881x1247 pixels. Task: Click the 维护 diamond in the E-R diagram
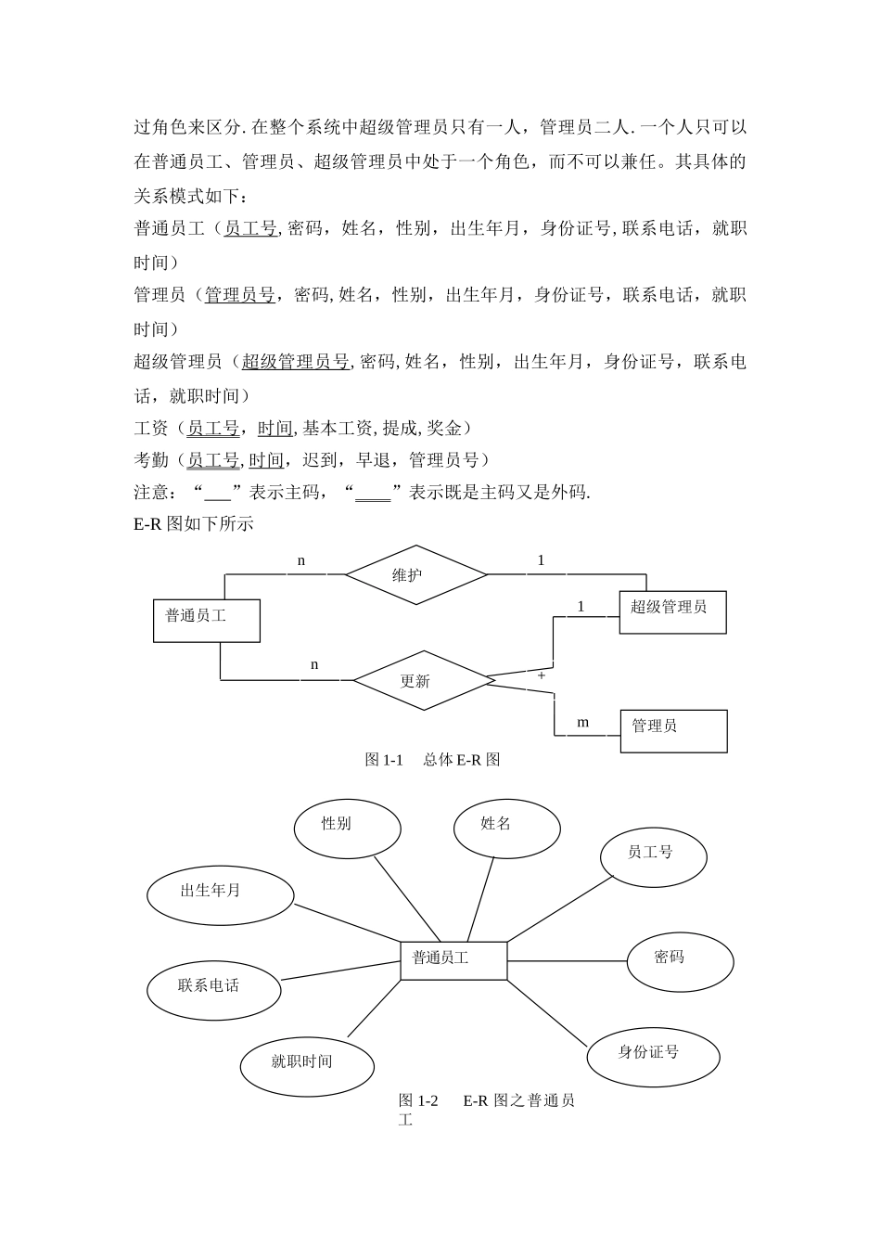415,575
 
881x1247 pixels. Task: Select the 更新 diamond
423,681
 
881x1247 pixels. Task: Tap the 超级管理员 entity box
672,612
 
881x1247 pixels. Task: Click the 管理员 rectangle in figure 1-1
673,731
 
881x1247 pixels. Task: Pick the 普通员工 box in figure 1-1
206,621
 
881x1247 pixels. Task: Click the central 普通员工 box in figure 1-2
453,960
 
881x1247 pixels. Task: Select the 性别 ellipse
347,829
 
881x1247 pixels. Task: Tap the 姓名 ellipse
507,828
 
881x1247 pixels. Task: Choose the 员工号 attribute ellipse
654,856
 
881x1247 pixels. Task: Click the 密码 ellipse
681,961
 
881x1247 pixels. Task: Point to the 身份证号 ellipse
654,1056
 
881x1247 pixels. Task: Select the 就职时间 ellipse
307,1065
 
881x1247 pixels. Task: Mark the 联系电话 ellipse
213,989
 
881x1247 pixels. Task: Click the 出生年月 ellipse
220,895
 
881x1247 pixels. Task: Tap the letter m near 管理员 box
583,723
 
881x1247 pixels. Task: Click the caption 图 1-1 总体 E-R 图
433,760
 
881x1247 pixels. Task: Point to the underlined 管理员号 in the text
239,295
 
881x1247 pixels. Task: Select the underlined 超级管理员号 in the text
295,362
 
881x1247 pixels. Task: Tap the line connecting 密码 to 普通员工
568,960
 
